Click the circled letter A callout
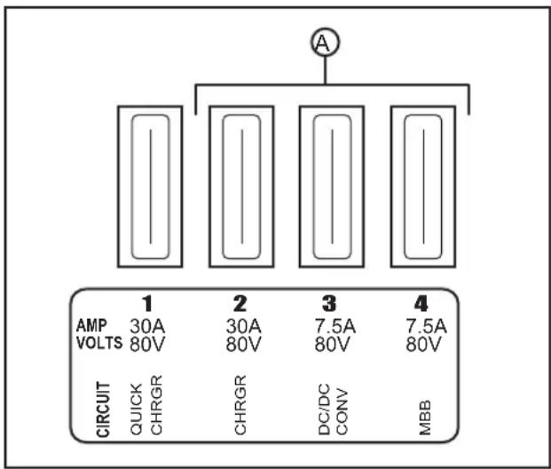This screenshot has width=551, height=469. (x=325, y=43)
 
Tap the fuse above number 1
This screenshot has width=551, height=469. (x=150, y=187)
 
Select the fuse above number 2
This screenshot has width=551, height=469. (x=241, y=187)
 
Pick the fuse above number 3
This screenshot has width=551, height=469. (x=332, y=187)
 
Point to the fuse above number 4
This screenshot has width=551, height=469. (x=423, y=187)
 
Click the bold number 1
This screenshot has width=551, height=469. (x=147, y=304)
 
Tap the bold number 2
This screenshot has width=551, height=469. (x=240, y=304)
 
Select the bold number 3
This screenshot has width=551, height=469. (x=329, y=304)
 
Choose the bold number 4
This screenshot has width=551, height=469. (x=421, y=304)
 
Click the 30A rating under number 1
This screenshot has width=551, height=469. (x=147, y=326)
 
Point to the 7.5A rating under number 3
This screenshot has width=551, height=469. (x=335, y=326)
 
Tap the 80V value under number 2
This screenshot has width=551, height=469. (x=243, y=344)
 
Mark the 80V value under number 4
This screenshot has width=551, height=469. (x=423, y=344)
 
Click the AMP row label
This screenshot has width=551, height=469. (x=91, y=325)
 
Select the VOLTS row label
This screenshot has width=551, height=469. (x=99, y=343)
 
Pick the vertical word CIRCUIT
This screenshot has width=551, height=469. (x=103, y=409)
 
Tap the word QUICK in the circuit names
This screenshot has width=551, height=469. (x=137, y=409)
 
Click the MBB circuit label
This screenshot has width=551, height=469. (x=425, y=417)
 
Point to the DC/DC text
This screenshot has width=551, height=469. (x=325, y=409)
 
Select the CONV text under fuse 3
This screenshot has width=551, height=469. (x=342, y=411)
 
